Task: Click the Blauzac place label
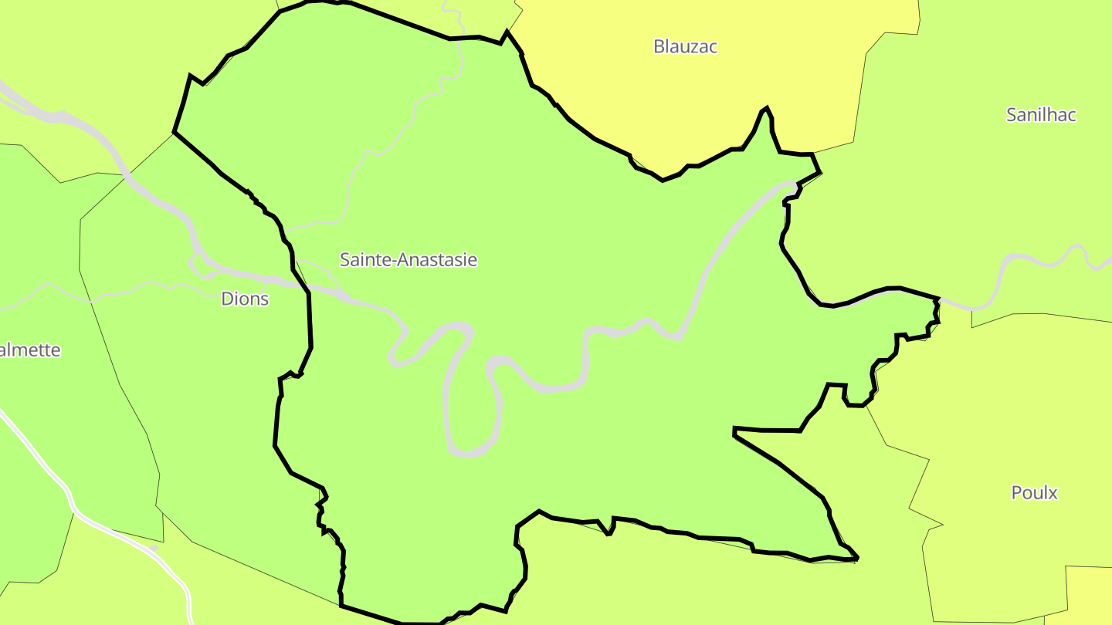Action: click(685, 46)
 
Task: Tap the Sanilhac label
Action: click(1041, 115)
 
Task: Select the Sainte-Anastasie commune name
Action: click(409, 260)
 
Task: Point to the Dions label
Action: click(245, 299)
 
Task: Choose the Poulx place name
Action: click(1034, 492)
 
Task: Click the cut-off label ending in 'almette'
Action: click(29, 350)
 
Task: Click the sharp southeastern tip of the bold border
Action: click(857, 558)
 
